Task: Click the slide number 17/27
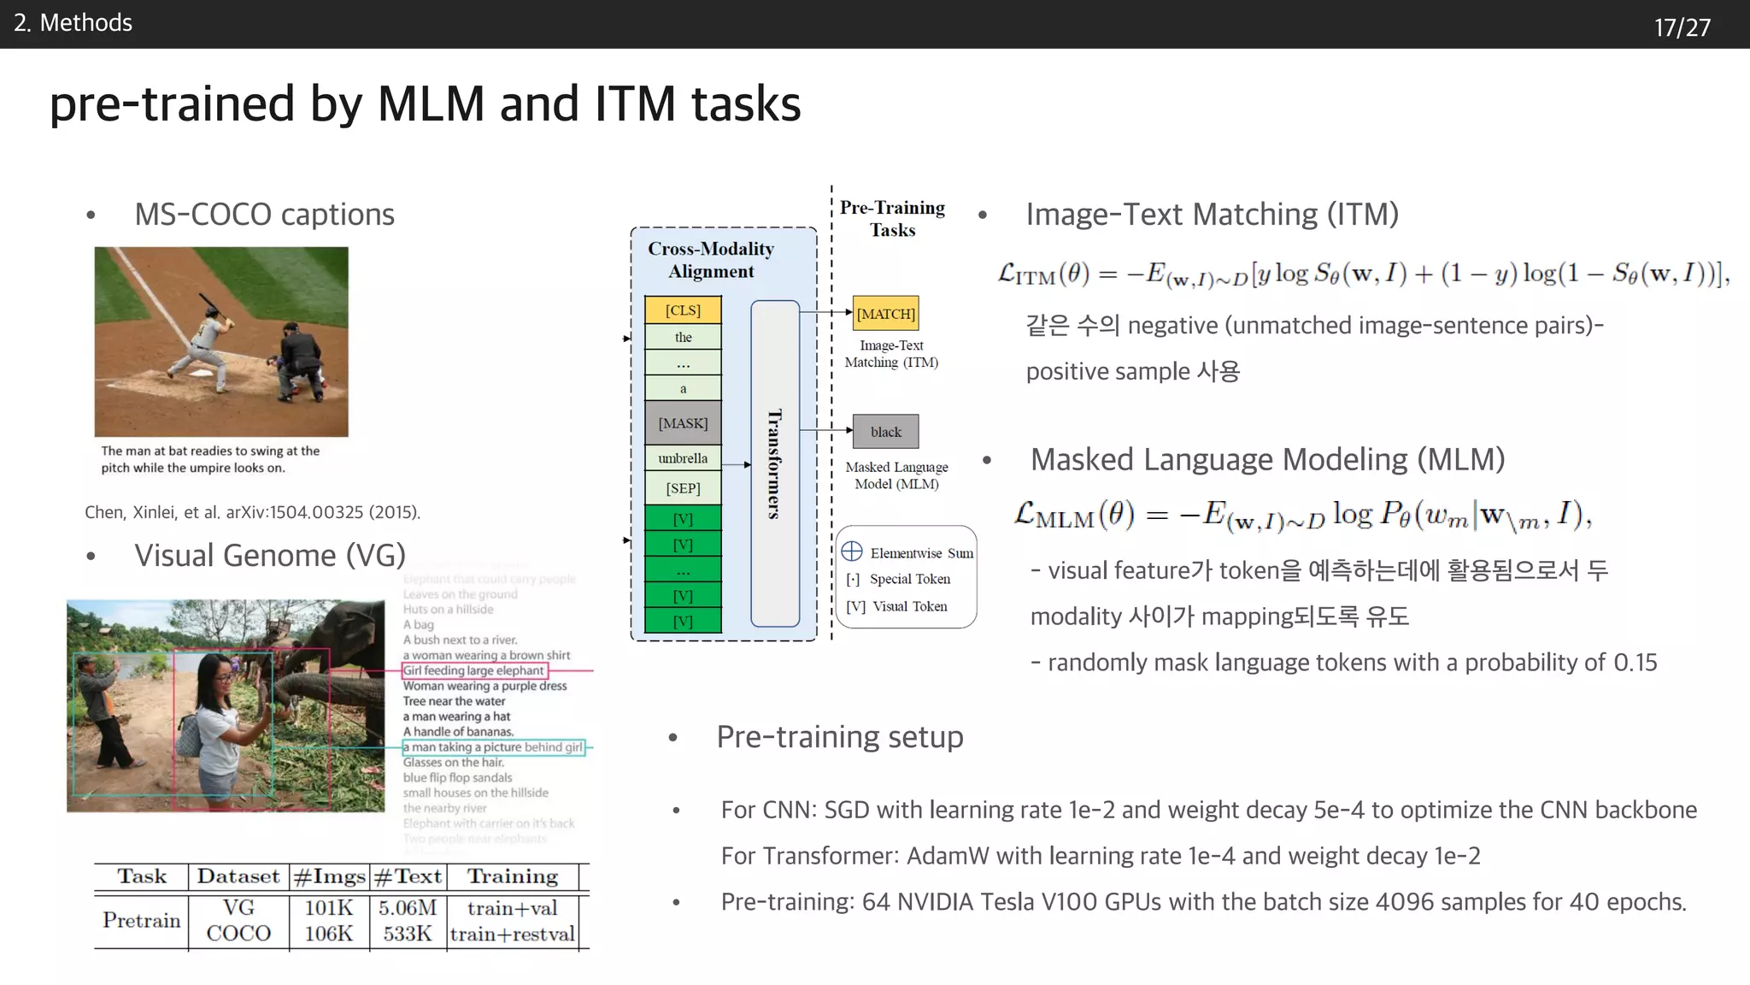tap(1682, 27)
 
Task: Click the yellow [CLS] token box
tap(683, 310)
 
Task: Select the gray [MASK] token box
tap(683, 423)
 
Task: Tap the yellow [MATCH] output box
tap(886, 314)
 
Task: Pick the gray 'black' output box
tap(886, 432)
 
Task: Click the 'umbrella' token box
tap(683, 458)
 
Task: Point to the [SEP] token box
tap(683, 488)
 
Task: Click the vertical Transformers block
tap(775, 463)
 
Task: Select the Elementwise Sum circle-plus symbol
tap(852, 551)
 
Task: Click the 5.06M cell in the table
tap(408, 908)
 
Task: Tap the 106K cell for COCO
tap(328, 934)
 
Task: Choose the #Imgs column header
tap(329, 877)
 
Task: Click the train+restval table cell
tap(512, 934)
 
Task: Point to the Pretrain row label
tap(142, 921)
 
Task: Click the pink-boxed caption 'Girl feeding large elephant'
tap(474, 671)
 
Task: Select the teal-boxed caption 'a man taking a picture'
tap(493, 747)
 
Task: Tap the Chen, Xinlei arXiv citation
tap(252, 512)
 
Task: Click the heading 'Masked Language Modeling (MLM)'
tap(1267, 460)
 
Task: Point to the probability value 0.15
tap(1635, 663)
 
